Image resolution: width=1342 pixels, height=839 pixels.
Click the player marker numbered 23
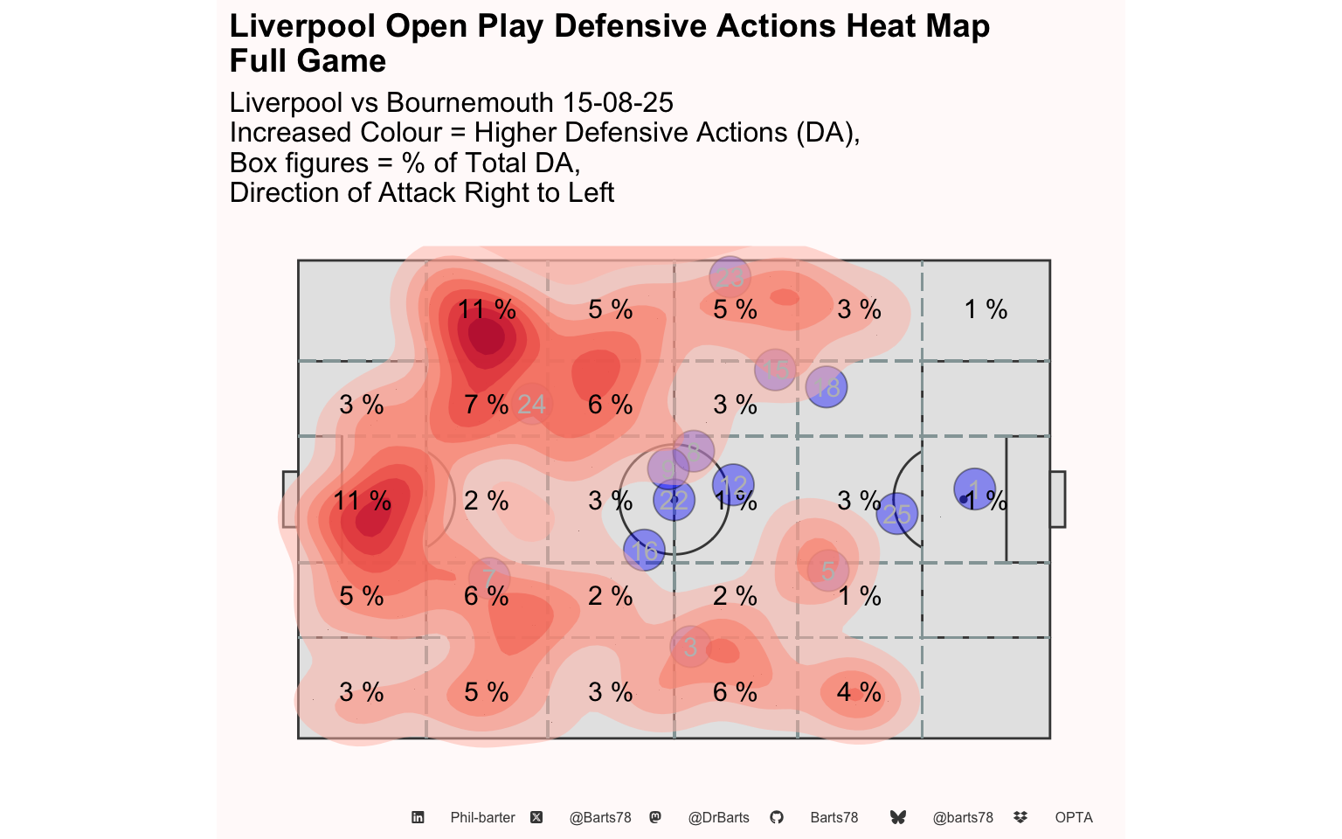pos(730,277)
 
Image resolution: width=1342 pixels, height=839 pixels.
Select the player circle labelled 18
pos(827,386)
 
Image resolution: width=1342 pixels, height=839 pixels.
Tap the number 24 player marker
pos(531,405)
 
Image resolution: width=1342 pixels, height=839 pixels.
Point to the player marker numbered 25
pos(896,514)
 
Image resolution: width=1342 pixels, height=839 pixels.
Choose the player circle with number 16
pos(645,551)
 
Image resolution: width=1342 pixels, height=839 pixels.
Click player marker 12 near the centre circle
pos(733,484)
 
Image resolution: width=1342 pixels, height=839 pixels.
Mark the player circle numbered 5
pos(827,571)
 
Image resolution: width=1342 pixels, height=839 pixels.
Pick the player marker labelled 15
pos(775,370)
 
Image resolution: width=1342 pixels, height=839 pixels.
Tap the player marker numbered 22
pos(674,501)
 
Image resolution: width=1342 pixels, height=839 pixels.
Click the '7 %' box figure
pos(486,405)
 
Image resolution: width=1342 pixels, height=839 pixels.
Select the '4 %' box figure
pos(859,692)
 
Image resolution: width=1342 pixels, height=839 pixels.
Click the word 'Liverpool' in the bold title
pos(302,26)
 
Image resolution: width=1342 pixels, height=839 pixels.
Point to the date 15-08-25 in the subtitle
pos(618,102)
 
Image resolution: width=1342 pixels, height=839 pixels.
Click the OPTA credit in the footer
pos(1074,818)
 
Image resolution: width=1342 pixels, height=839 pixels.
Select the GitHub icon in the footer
pos(777,818)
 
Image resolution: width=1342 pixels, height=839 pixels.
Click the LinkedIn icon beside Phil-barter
pos(418,818)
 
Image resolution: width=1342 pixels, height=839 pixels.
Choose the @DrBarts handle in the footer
pos(718,818)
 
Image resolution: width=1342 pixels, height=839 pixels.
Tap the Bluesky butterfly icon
pos(897,818)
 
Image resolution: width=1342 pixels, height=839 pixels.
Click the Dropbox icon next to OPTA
pos(1020,818)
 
